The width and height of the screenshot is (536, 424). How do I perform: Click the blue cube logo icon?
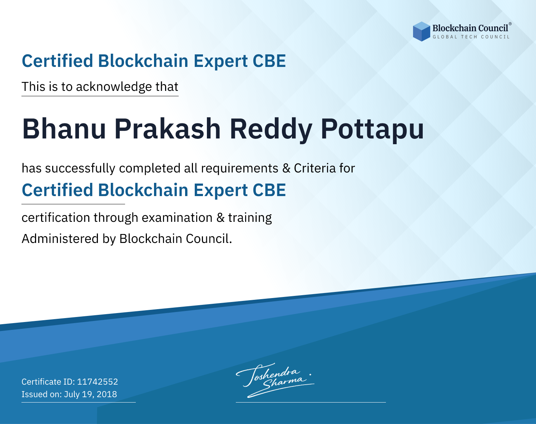click(x=421, y=31)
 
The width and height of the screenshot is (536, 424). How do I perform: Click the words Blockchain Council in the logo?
click(x=470, y=28)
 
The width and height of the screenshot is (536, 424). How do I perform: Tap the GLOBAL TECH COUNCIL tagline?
click(x=471, y=37)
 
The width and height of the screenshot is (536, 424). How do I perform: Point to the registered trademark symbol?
click(x=510, y=24)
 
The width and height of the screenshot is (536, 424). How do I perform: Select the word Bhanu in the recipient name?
click(x=64, y=129)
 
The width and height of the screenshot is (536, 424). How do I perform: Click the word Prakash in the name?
click(x=167, y=129)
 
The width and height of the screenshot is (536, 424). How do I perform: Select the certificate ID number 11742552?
click(x=98, y=381)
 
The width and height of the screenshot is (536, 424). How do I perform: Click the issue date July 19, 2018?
click(x=90, y=394)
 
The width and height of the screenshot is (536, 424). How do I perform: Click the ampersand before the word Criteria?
click(x=287, y=169)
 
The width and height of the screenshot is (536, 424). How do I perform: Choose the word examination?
click(x=177, y=218)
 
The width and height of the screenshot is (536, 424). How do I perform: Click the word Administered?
click(x=60, y=239)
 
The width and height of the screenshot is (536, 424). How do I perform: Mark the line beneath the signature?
click(x=311, y=402)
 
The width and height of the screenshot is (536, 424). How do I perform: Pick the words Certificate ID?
click(x=48, y=381)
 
